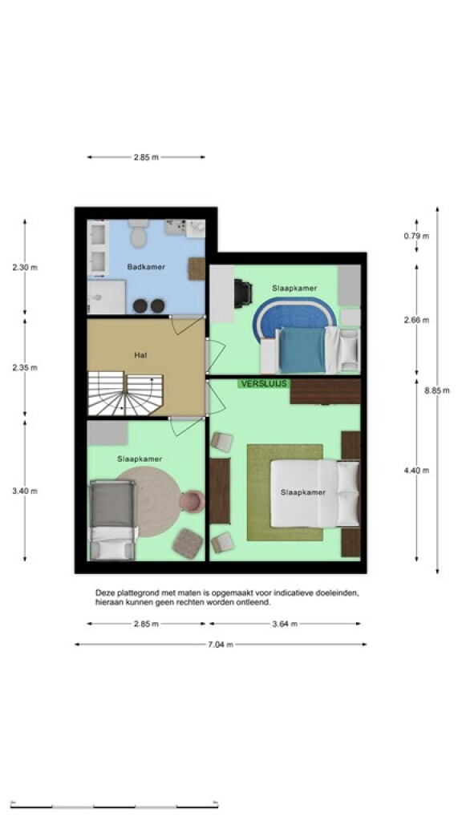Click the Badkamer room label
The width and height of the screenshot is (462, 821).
(x=146, y=267)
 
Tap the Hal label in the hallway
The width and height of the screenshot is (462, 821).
(x=140, y=355)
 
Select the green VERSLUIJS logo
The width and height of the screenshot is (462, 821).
(x=264, y=384)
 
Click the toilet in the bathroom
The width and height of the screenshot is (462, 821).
(x=139, y=233)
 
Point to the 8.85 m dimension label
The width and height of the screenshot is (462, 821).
(x=437, y=390)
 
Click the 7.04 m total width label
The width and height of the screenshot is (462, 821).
(x=220, y=645)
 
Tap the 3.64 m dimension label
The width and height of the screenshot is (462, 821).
(x=285, y=624)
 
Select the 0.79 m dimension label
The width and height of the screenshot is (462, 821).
(x=416, y=237)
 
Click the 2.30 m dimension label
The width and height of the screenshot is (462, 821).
(x=25, y=268)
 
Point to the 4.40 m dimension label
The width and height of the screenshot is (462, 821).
(x=416, y=471)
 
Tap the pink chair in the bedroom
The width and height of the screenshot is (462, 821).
(x=192, y=502)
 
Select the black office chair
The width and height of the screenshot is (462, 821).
(x=242, y=293)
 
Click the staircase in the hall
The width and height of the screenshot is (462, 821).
(x=125, y=393)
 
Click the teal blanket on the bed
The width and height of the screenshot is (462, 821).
(x=302, y=350)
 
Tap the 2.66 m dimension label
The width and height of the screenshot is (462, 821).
(x=416, y=320)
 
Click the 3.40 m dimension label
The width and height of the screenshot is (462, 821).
(x=25, y=491)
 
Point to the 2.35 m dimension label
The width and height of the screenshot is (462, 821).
(x=25, y=367)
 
